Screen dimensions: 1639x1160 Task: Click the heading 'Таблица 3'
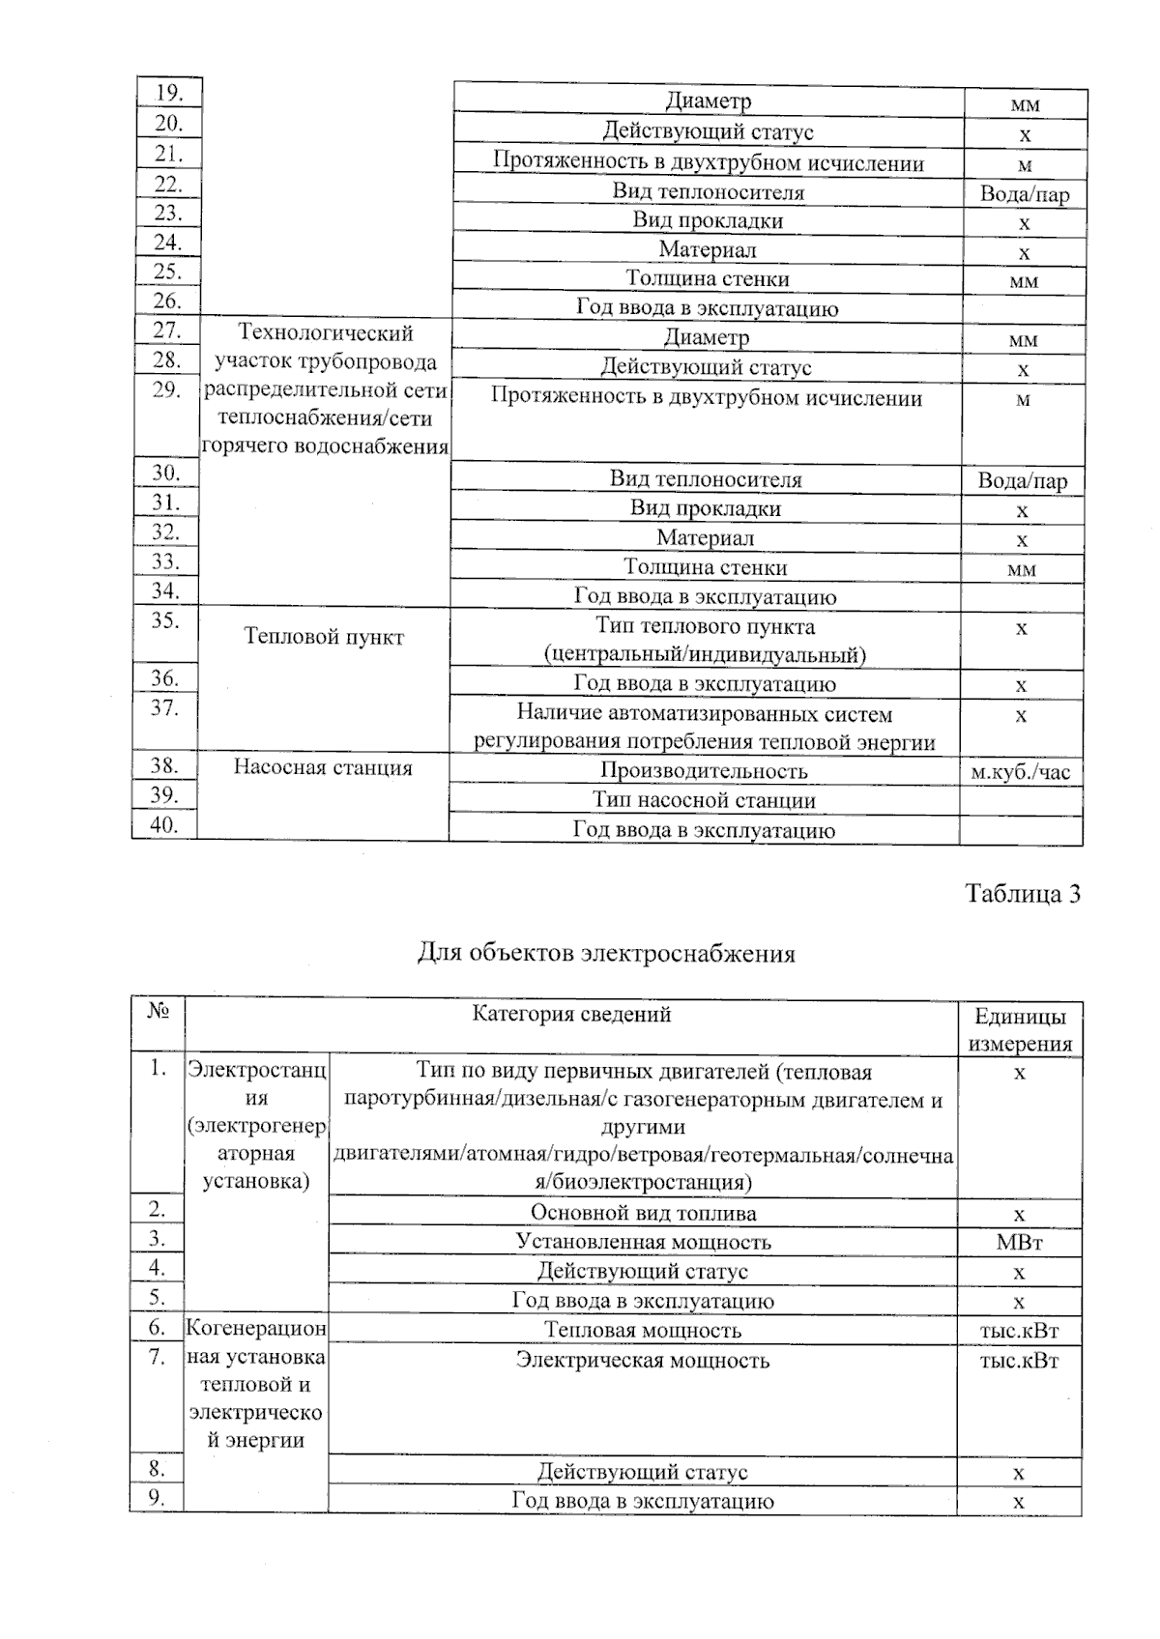click(x=1022, y=894)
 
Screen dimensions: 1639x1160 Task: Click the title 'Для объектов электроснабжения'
click(x=606, y=954)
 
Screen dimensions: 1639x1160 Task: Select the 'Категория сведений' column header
click(x=571, y=1014)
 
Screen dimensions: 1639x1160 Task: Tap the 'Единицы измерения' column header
click(x=1020, y=1029)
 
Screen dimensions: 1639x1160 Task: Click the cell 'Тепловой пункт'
click(x=324, y=637)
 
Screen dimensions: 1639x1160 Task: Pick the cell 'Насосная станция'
click(x=323, y=768)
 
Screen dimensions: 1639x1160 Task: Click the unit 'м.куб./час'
click(x=1021, y=772)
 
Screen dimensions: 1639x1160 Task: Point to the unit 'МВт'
click(x=1019, y=1243)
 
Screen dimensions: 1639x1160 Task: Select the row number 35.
click(x=164, y=620)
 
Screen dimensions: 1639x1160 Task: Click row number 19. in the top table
click(x=168, y=93)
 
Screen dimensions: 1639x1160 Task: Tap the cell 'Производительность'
click(x=704, y=771)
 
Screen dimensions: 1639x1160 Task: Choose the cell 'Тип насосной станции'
click(x=704, y=801)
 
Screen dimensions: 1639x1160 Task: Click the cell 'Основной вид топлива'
click(x=643, y=1214)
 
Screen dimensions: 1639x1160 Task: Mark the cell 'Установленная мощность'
click(x=643, y=1243)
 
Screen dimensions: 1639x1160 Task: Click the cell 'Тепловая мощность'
click(x=643, y=1331)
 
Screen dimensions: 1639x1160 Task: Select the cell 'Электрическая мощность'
click(x=643, y=1361)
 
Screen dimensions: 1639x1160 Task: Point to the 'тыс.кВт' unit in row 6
click(x=1019, y=1331)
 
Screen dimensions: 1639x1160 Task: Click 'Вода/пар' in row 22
click(x=1025, y=194)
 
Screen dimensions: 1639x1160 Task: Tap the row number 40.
click(x=163, y=825)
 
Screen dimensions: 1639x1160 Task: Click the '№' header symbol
click(x=158, y=1012)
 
